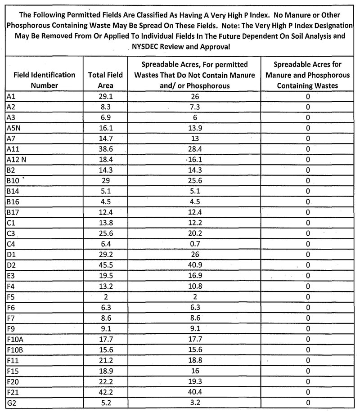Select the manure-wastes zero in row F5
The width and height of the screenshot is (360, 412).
[x=308, y=296]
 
